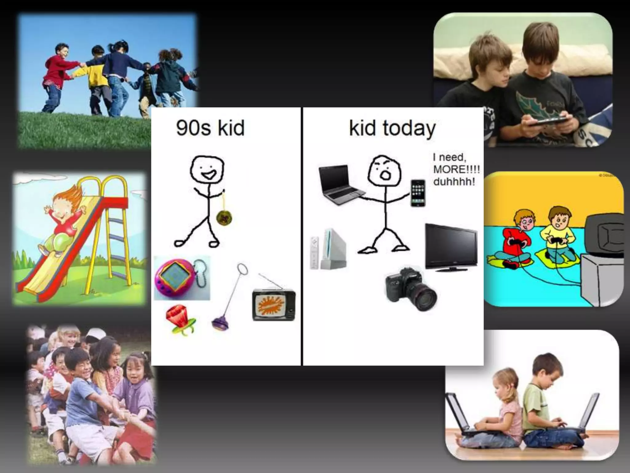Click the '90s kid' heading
tap(210, 128)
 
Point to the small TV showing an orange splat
tap(273, 305)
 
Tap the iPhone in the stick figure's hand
tap(418, 193)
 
